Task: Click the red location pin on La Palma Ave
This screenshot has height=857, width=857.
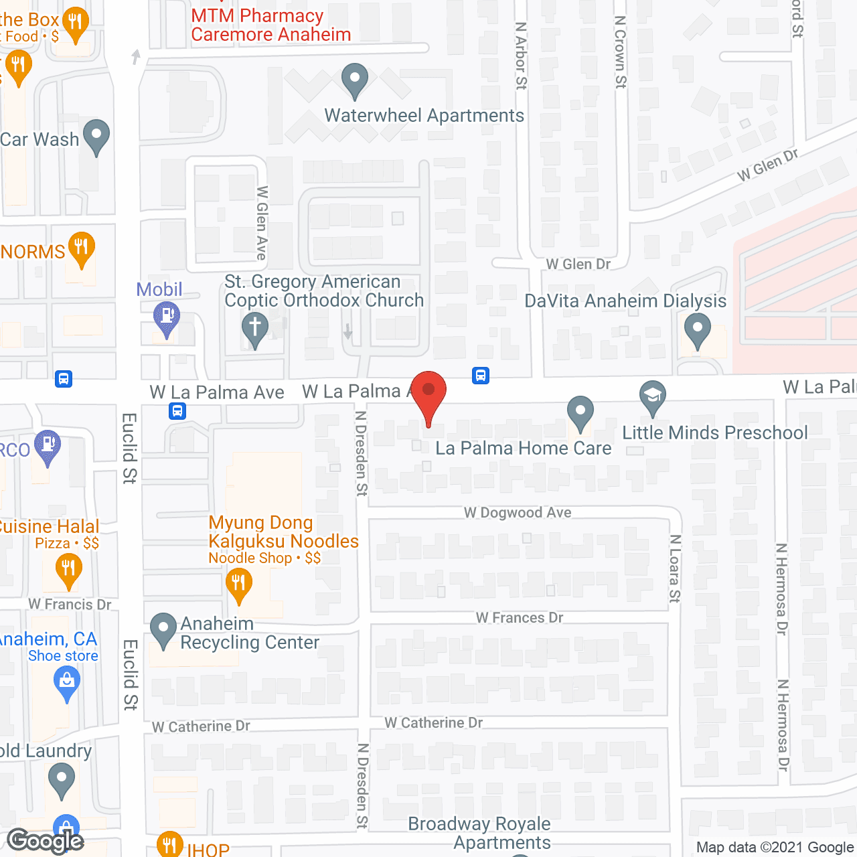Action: pos(428,392)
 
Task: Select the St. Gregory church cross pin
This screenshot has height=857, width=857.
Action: pos(254,329)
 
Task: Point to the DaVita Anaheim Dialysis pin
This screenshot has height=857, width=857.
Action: pos(697,330)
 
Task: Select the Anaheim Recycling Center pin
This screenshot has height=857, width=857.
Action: pos(163,629)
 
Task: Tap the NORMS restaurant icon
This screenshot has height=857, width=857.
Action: pos(81,248)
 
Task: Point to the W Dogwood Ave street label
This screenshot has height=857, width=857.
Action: pos(518,513)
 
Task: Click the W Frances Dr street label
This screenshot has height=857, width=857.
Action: pos(520,617)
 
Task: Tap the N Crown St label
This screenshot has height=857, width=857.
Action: pos(621,52)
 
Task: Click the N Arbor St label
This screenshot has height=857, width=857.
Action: pos(522,56)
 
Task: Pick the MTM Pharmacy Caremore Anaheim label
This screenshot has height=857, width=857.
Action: pos(270,25)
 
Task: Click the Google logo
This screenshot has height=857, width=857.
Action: pos(45,841)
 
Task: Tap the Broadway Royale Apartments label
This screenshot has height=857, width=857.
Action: pos(479,833)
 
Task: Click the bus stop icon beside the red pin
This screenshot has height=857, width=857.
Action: pos(481,376)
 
